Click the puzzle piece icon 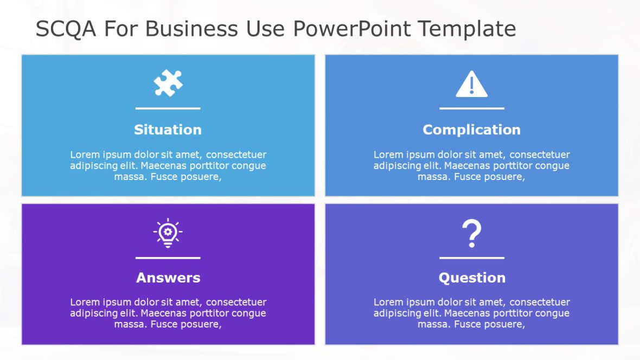click(168, 83)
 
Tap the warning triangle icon click(471, 85)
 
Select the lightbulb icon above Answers click(168, 233)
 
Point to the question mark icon click(471, 234)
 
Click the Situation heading click(168, 130)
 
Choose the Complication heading click(471, 130)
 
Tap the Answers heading click(168, 278)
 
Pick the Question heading click(472, 278)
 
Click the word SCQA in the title click(66, 29)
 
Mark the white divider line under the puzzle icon click(168, 108)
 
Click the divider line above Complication click(471, 108)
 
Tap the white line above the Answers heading click(168, 258)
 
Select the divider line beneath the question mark click(471, 258)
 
